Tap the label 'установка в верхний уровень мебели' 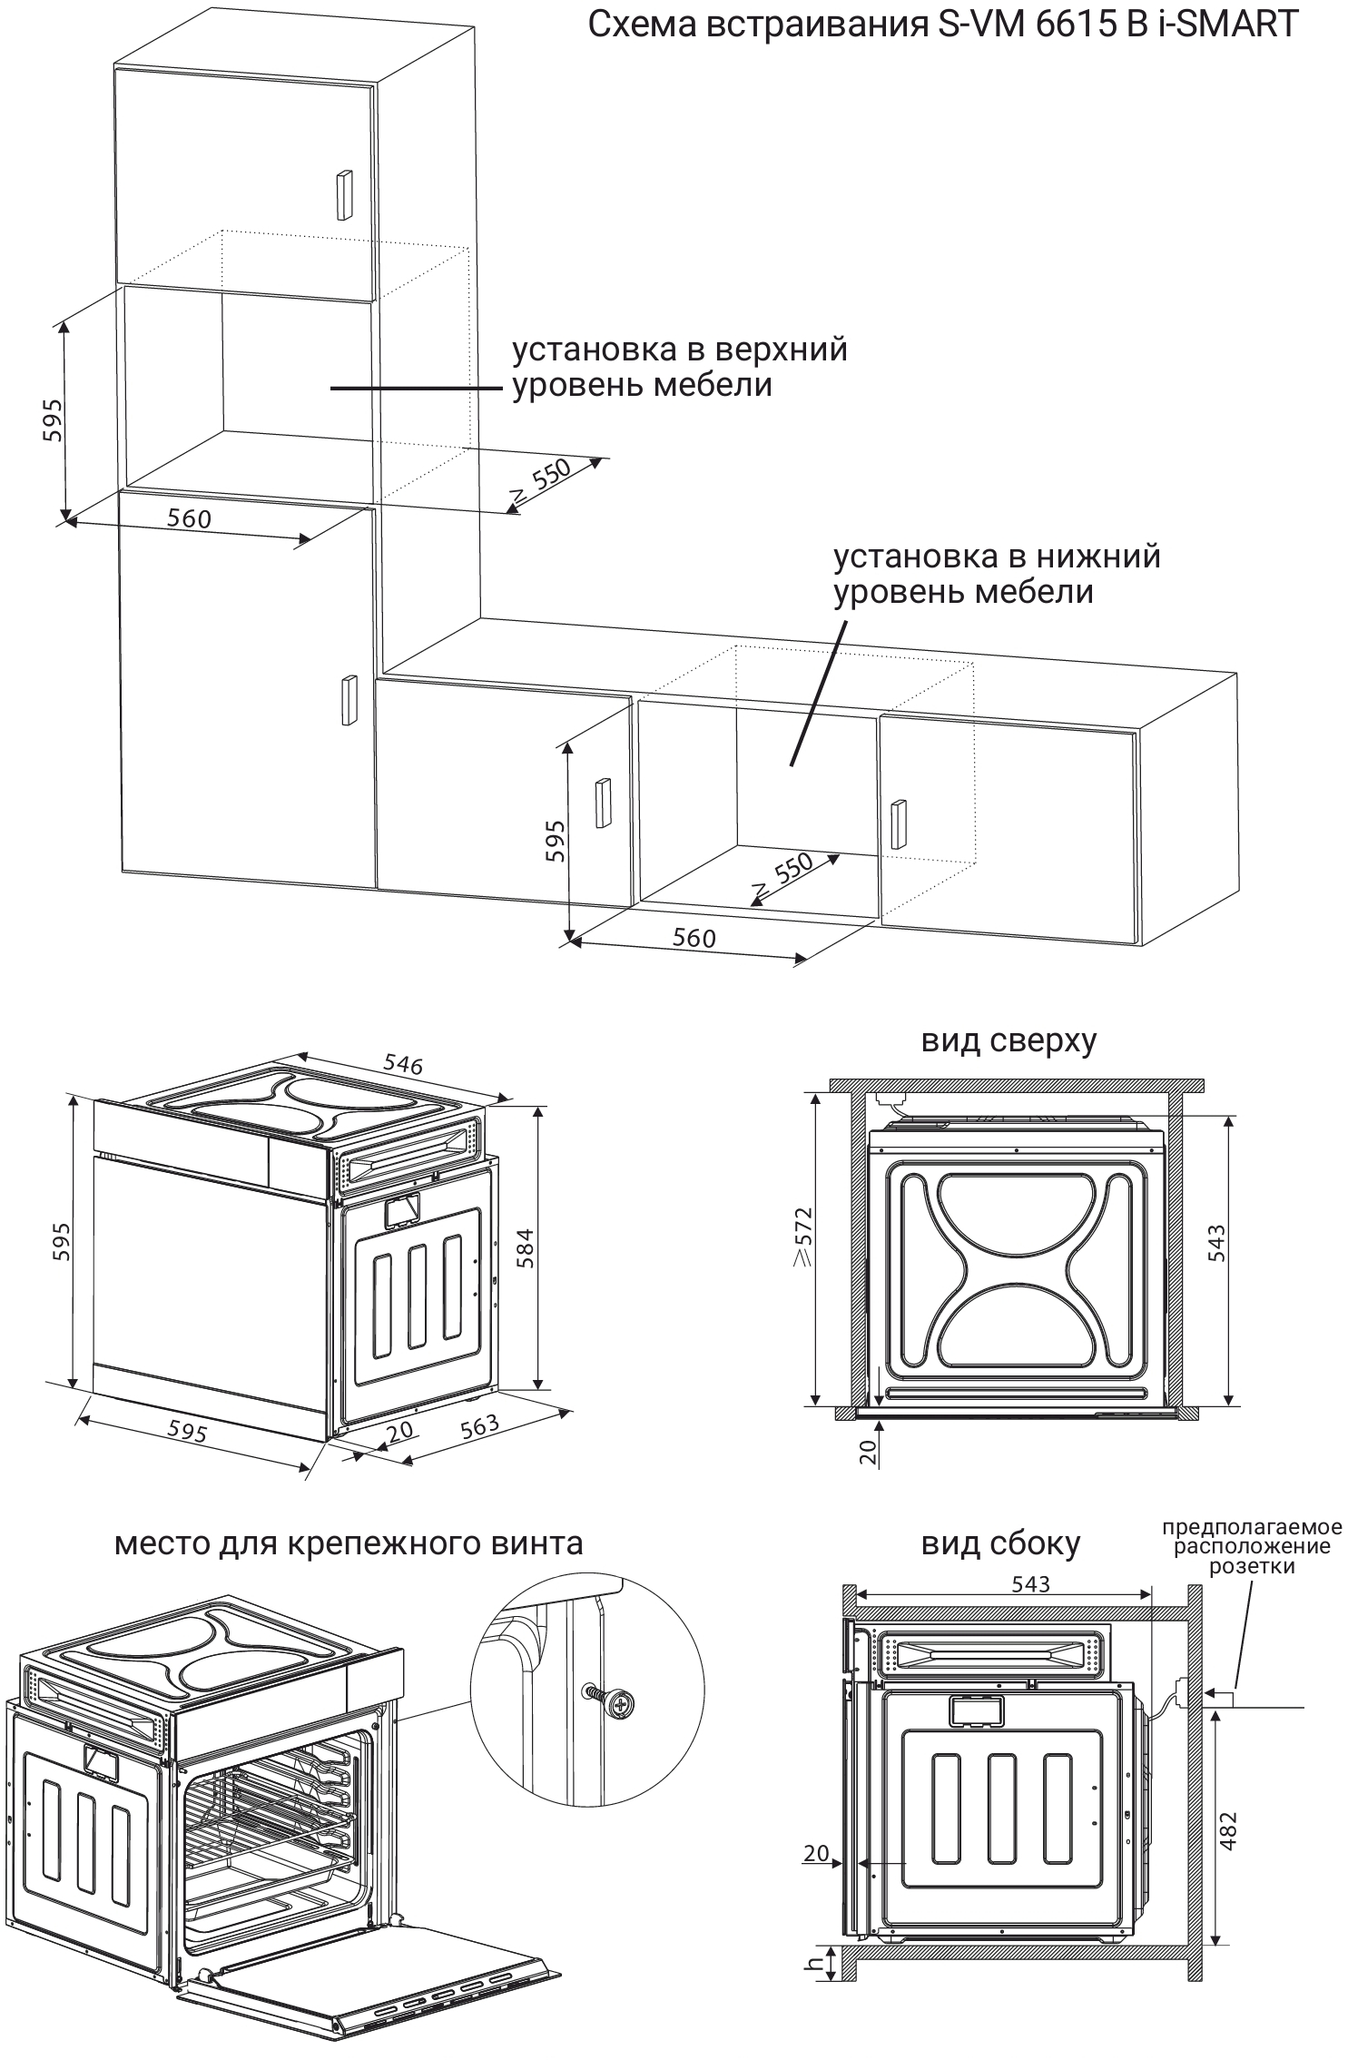[x=679, y=367]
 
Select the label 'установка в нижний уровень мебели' [x=997, y=574]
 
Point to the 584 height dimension [x=524, y=1247]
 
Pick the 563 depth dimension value [x=478, y=1425]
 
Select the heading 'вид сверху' [x=1009, y=1040]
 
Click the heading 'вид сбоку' [x=1000, y=1543]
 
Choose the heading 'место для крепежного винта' [x=349, y=1543]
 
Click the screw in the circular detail [x=615, y=1702]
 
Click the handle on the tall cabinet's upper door [x=343, y=195]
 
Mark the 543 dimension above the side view [x=1030, y=1584]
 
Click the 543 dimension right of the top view [x=1217, y=1243]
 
